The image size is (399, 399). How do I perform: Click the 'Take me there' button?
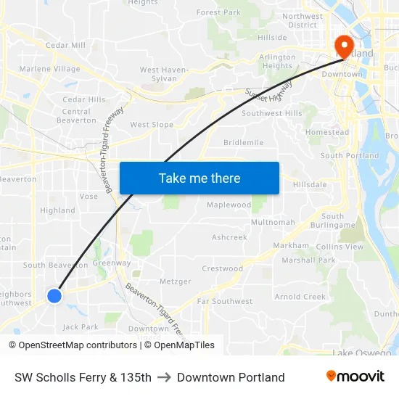[199, 178]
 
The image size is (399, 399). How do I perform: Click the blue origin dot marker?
[54, 295]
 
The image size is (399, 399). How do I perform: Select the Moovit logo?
[355, 377]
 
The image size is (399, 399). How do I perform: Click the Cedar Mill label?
[65, 45]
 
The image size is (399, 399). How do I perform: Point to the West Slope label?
[152, 125]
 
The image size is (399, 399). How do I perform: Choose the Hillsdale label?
[310, 185]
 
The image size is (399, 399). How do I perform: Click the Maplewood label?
[229, 205]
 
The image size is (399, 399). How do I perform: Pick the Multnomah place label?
[273, 222]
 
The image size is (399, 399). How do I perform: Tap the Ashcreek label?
[229, 237]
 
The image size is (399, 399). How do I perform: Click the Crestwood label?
[222, 268]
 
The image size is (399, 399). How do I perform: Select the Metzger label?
[175, 281]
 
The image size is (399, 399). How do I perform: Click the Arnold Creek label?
[300, 297]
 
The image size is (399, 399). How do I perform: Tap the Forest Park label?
[218, 13]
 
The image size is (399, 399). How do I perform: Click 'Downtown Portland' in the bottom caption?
[231, 377]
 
